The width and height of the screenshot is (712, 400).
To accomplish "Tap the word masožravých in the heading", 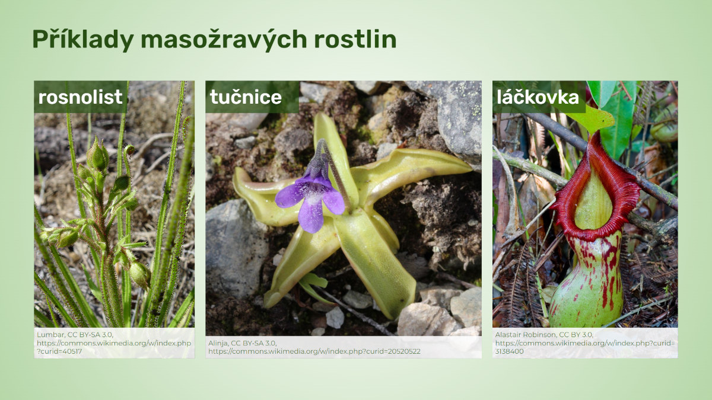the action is point(224,40).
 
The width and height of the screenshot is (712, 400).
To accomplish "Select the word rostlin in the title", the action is point(355,39).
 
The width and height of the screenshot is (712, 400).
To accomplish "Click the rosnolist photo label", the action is point(80,97).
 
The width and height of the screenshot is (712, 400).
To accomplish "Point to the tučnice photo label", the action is point(246,97).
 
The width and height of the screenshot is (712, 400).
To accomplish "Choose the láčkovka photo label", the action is point(538,97).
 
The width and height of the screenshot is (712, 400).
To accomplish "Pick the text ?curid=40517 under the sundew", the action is point(59,351).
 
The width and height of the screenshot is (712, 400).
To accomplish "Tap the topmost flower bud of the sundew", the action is point(98,155).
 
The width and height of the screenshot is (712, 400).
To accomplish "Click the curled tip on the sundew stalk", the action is point(129,149).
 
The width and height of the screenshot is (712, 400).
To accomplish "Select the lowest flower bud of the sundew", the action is point(139,274).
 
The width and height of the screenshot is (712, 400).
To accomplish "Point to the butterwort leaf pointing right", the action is point(410,171).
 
